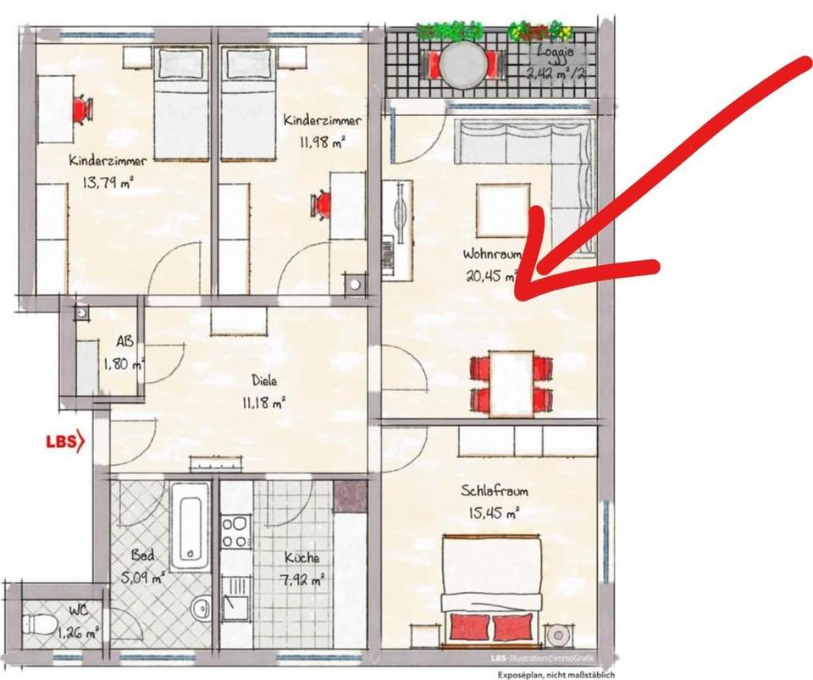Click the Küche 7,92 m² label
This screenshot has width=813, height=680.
(x=302, y=568)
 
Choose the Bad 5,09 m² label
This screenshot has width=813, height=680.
(x=143, y=568)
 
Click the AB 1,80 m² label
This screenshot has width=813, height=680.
(x=124, y=355)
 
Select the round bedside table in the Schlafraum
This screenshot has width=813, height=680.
(x=560, y=634)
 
